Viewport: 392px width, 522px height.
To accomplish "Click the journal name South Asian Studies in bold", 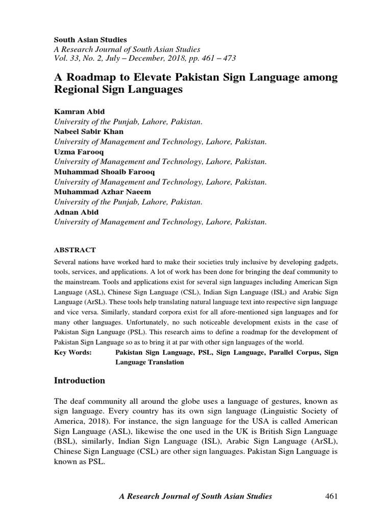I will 90,40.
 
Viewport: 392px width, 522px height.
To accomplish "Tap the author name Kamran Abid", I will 78,111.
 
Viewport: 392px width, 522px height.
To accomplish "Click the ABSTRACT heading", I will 75,250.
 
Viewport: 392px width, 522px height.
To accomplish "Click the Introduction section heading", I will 80,381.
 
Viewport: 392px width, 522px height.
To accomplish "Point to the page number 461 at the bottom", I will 331,496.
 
